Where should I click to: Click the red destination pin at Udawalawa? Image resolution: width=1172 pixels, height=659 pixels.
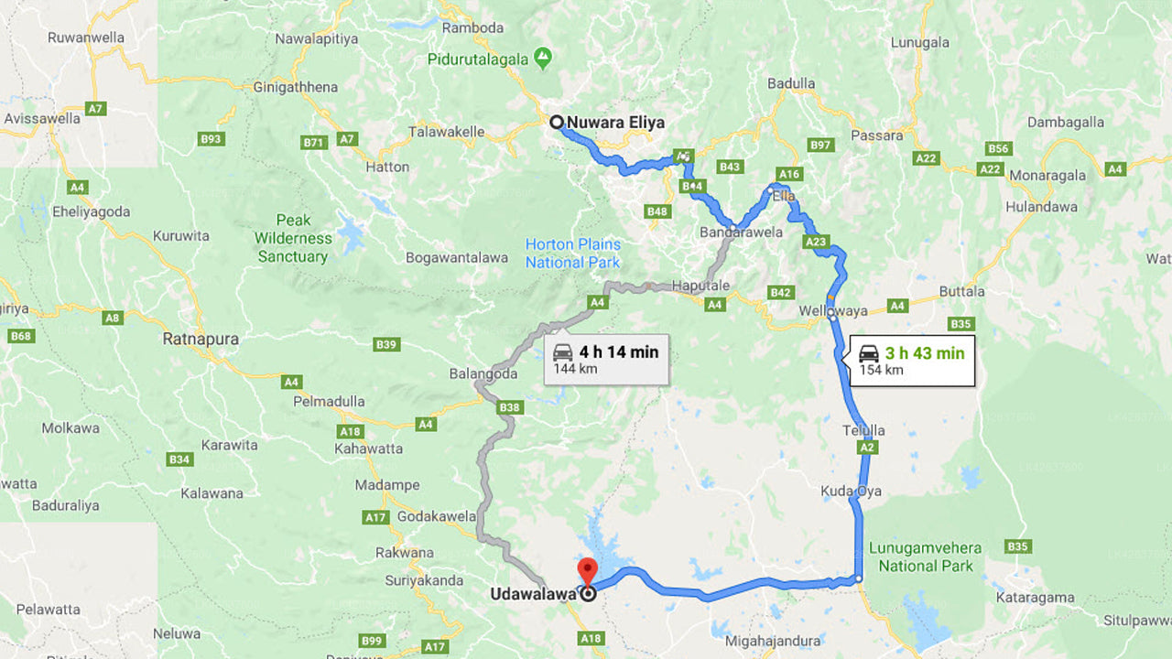coord(586,571)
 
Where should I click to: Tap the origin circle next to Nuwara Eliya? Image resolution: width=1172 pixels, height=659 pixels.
coord(556,122)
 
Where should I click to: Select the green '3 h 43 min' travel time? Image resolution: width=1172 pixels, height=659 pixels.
coord(924,352)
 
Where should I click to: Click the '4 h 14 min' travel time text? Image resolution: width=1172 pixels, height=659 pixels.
coord(618,351)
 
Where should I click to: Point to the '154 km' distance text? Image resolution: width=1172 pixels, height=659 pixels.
coord(881,370)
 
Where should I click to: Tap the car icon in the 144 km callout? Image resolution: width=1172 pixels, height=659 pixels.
coord(563,352)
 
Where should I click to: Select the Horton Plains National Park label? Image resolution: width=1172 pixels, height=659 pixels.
coord(573,254)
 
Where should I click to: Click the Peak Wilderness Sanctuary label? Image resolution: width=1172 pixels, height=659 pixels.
coord(293,238)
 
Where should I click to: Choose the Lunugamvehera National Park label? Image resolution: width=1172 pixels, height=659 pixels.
coord(925,556)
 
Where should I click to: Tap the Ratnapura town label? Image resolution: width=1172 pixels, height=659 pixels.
coord(201,339)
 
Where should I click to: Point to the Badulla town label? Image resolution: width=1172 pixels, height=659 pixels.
coord(791,83)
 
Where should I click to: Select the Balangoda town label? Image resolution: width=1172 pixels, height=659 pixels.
coord(483,373)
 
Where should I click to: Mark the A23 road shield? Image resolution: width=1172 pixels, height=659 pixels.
coord(815,243)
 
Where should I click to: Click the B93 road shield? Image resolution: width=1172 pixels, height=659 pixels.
coord(212,139)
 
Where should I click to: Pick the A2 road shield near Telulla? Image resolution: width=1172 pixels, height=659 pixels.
coord(868,448)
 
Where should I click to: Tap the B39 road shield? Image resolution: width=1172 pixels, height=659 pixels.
coord(386,344)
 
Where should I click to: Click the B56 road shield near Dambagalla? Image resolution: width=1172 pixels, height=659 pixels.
coord(998,148)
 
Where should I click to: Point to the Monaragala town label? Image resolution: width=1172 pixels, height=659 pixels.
coord(1047,175)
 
